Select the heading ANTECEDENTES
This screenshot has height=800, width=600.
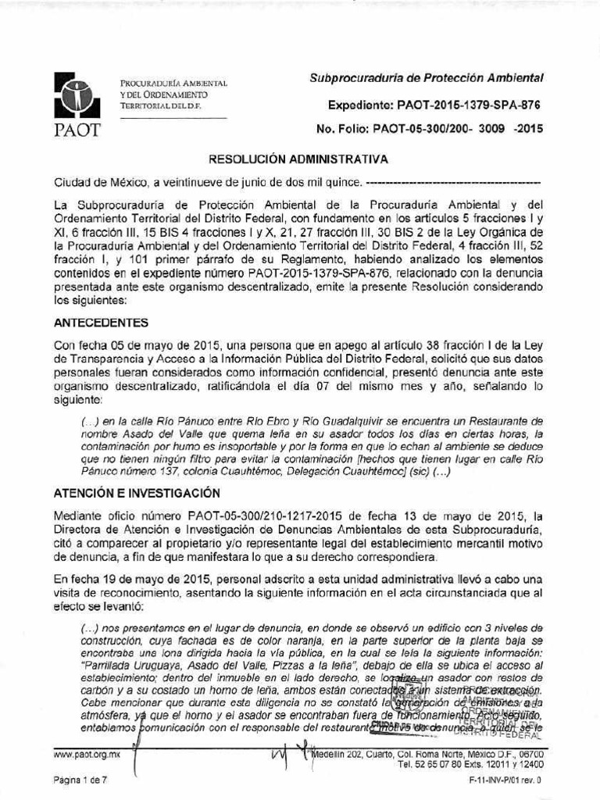click(102, 322)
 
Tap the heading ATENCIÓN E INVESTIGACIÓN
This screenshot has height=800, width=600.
click(137, 493)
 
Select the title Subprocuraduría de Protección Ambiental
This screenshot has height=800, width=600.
click(426, 78)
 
